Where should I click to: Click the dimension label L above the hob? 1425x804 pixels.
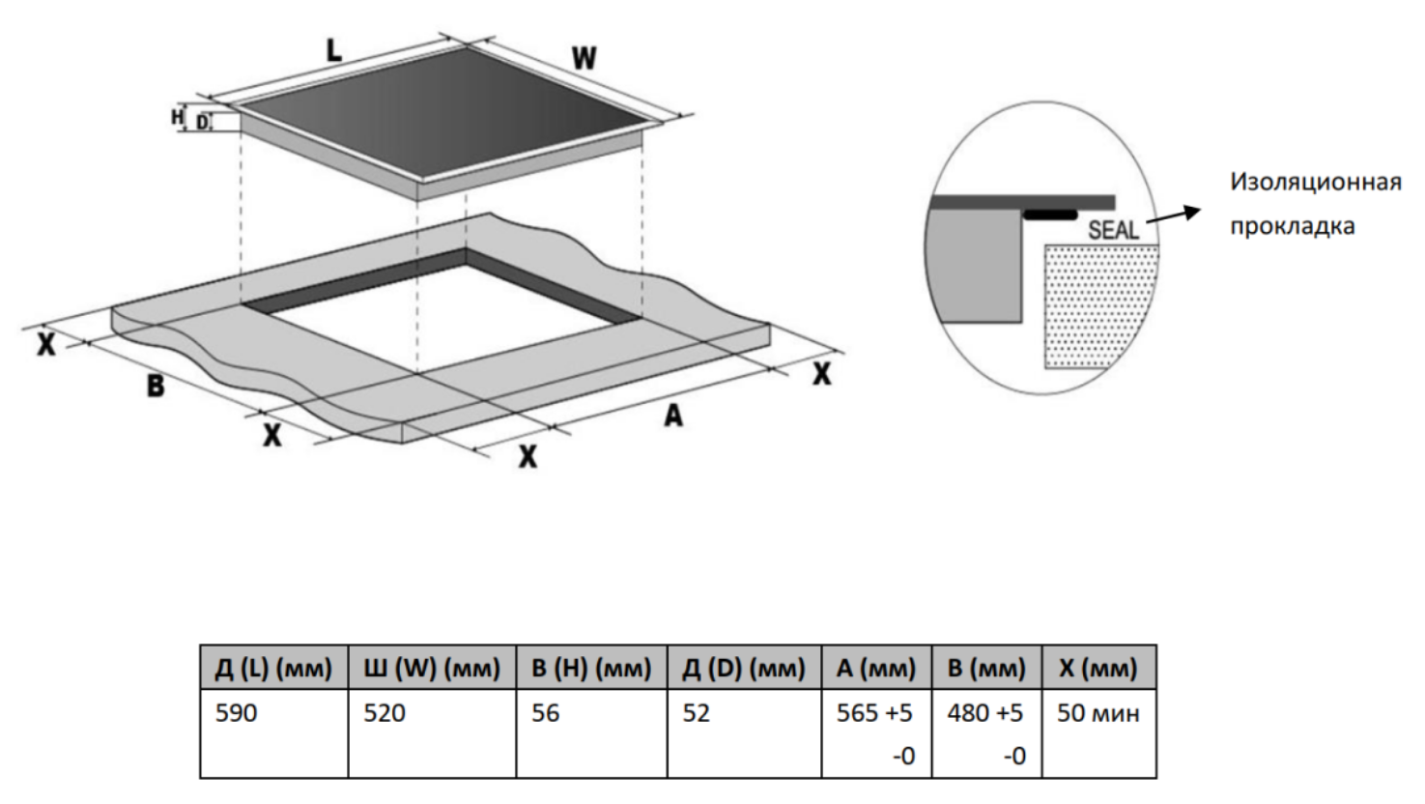pos(333,50)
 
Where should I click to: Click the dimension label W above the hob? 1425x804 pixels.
pos(583,59)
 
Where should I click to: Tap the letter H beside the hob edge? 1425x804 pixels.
pos(177,117)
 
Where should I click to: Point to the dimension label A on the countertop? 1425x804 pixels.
pos(672,416)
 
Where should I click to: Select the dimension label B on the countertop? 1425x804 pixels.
pos(156,387)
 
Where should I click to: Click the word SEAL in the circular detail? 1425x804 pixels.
pos(1114,231)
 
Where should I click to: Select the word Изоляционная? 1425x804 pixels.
pos(1315,184)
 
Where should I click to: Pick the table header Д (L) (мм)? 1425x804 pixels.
pos(274,668)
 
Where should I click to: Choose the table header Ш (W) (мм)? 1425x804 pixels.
pos(432,668)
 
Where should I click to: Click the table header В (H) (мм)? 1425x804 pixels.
pos(591,668)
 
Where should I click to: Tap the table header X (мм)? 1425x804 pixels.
pos(1098,668)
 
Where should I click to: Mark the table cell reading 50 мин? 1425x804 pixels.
pos(1098,715)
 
